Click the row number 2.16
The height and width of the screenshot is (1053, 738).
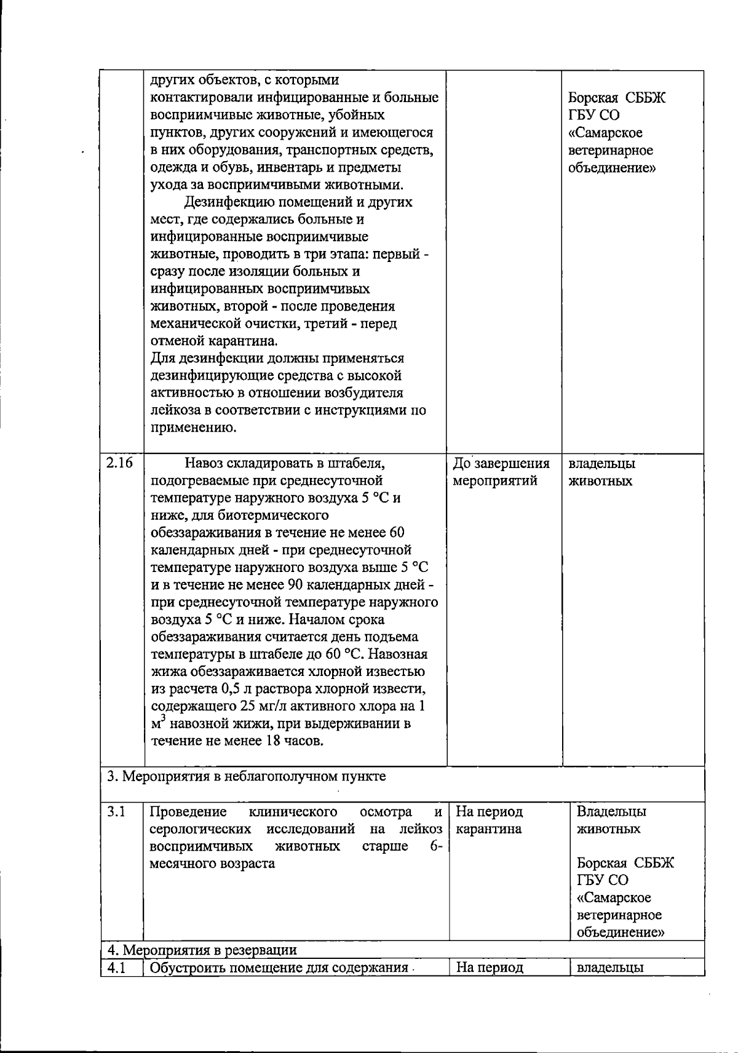coord(119,464)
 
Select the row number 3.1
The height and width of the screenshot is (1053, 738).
coord(116,812)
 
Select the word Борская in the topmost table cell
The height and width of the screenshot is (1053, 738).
coord(593,98)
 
